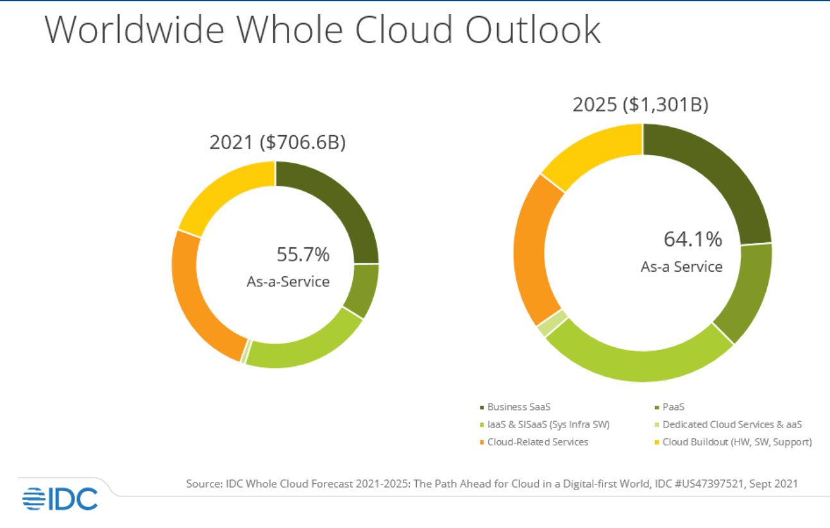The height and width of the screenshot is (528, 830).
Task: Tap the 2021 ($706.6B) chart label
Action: click(277, 142)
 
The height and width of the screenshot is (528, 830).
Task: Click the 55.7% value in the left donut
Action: click(303, 254)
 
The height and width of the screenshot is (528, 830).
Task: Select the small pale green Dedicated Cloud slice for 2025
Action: click(544, 324)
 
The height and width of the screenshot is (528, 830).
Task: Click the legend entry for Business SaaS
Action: click(518, 406)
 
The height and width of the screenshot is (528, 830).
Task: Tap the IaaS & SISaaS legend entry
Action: click(548, 424)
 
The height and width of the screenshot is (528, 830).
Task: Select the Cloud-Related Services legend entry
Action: click(538, 441)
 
